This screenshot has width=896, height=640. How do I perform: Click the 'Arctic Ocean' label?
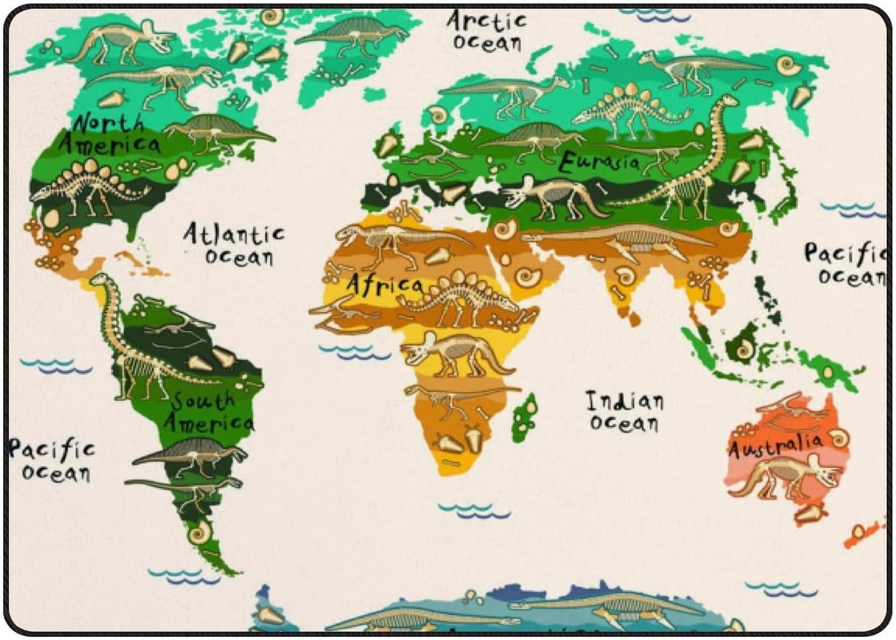486,31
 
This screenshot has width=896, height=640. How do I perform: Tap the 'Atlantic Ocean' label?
234,244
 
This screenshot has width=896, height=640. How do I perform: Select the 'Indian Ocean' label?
625,411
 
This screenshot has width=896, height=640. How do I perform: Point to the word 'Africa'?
385,284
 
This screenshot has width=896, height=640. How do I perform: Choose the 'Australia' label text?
776,445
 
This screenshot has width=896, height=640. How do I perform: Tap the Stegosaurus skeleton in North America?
90,186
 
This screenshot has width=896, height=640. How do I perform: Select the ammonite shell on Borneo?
744,349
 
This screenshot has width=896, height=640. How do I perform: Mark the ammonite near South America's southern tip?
199,531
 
